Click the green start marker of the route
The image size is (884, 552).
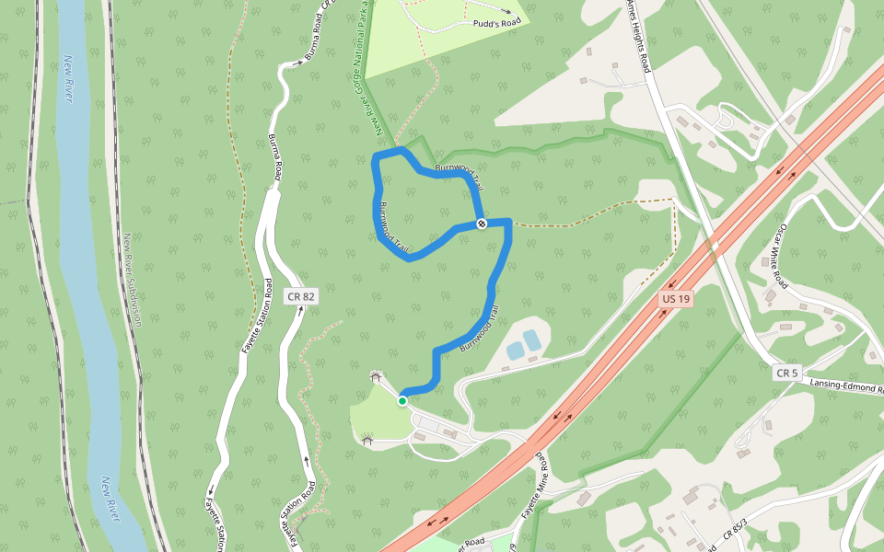402,400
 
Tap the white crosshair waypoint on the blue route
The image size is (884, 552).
482,224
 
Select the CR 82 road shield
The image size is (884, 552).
300,296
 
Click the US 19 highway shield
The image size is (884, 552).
676,299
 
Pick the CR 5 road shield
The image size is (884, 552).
786,373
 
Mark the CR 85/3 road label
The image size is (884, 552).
734,527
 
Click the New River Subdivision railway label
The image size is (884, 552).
133,280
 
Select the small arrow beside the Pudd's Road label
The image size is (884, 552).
506,12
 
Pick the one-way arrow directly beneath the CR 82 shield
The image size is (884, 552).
301,312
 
